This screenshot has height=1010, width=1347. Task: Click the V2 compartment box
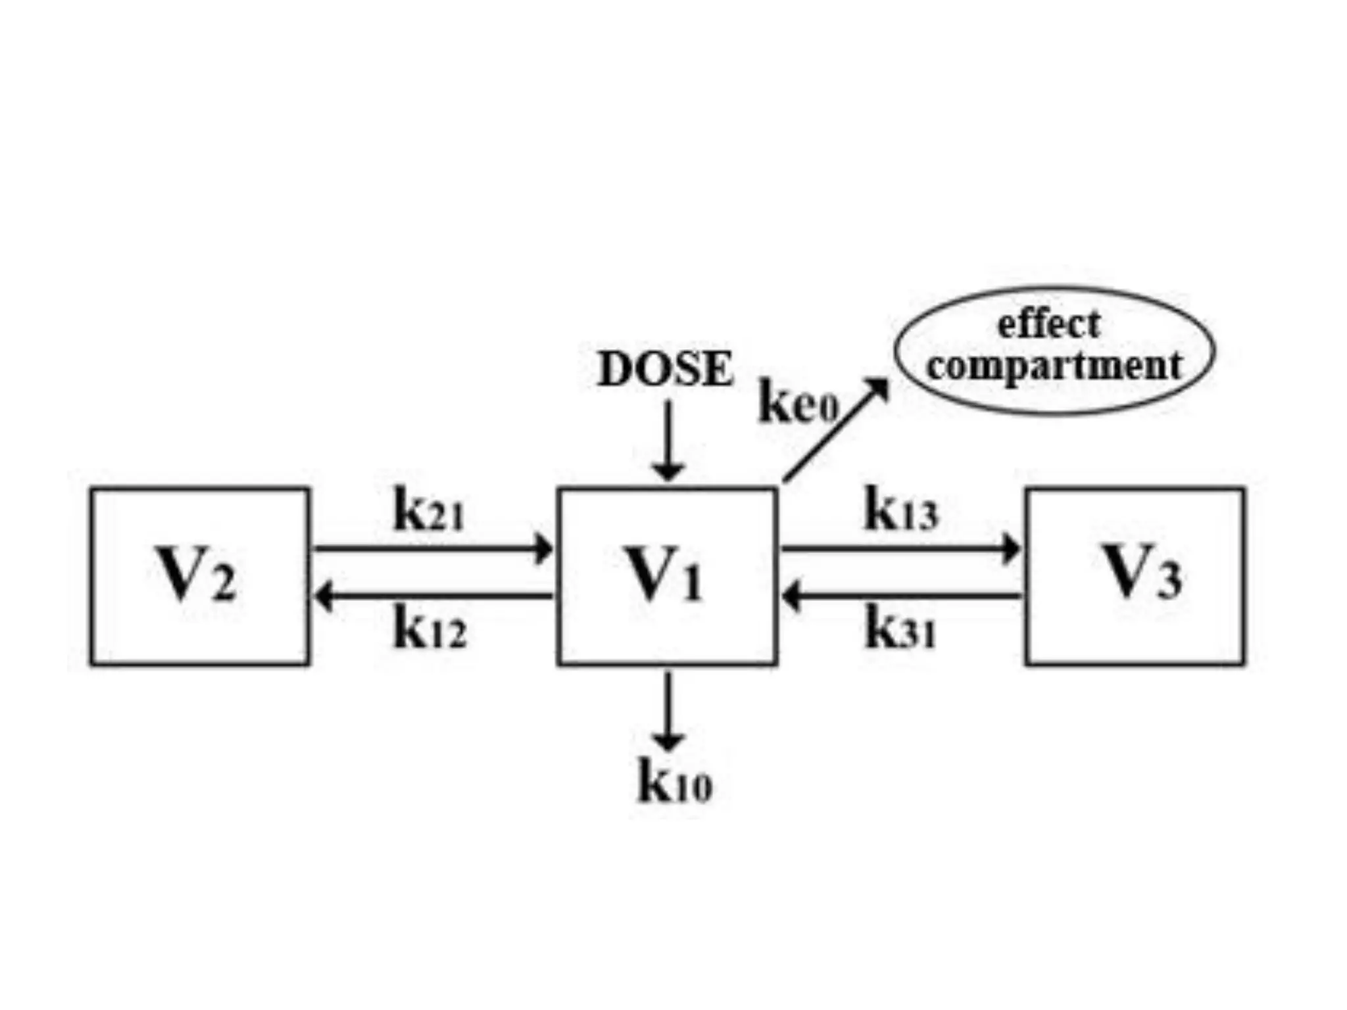[199, 577]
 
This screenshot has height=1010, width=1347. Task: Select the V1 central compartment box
[667, 577]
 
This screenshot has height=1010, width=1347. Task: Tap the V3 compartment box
[1135, 577]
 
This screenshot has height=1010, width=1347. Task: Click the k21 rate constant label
[429, 511]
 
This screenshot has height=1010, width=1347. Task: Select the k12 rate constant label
[430, 629]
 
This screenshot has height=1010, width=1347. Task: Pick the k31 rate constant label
[900, 629]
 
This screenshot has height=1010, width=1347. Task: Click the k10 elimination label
[675, 782]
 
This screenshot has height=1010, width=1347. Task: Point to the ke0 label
[798, 402]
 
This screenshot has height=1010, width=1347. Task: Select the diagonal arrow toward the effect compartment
[835, 431]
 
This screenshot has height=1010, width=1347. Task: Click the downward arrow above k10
[668, 710]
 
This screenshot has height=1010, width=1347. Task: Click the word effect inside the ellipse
[1048, 325]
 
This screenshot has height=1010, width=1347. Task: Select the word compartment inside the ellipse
[1054, 366]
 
